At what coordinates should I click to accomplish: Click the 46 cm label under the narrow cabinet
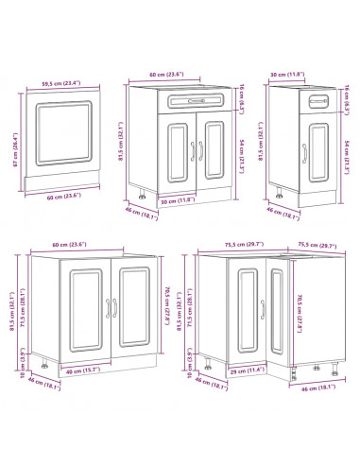click(x=285, y=215)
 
